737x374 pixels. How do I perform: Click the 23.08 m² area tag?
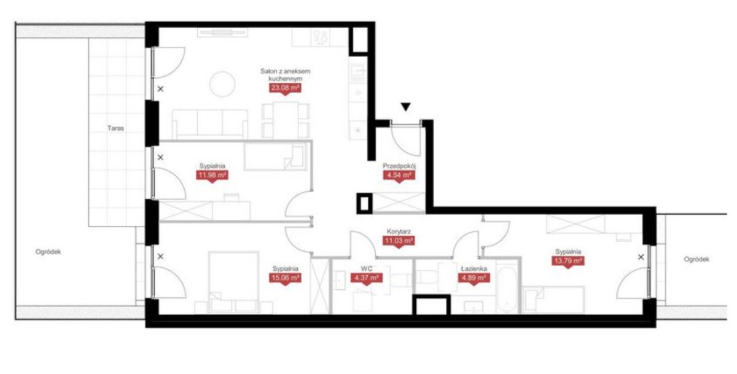click(x=285, y=88)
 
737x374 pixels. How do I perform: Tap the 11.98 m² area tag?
click(x=213, y=175)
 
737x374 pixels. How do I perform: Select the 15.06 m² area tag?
click(x=285, y=278)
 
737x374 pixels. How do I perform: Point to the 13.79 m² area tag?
click(x=568, y=261)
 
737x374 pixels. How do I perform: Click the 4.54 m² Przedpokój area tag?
click(x=399, y=175)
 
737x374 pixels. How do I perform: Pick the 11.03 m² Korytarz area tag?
click(x=399, y=241)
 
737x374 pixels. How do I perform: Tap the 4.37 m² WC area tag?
click(x=367, y=278)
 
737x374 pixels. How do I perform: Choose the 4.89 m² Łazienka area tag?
click(x=474, y=278)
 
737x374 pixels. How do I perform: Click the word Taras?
click(x=115, y=128)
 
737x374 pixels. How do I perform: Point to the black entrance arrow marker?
click(x=406, y=107)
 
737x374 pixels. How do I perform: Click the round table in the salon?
click(x=223, y=84)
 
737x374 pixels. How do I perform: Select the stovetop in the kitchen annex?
click(x=320, y=37)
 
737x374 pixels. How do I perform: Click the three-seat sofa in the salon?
click(x=210, y=124)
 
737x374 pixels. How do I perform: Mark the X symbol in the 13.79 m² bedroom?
click(x=641, y=257)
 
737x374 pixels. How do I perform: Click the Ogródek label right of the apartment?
click(x=696, y=259)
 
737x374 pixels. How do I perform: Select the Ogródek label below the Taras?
click(x=49, y=252)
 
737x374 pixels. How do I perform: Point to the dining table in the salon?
click(x=286, y=120)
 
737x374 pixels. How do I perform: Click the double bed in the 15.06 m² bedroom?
click(x=233, y=282)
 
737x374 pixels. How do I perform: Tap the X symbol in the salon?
click(x=160, y=89)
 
